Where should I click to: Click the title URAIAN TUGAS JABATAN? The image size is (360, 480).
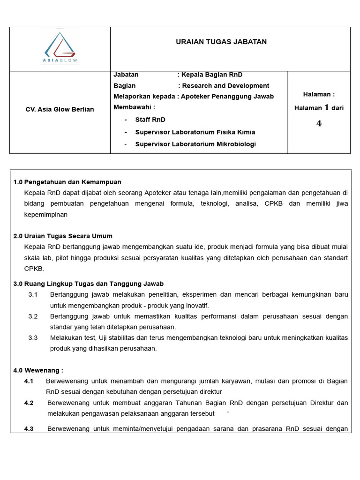[x=221, y=42]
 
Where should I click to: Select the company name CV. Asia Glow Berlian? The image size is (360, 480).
[x=60, y=109]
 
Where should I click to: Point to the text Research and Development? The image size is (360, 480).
[x=225, y=86]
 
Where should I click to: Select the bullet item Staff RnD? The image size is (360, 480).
[x=150, y=120]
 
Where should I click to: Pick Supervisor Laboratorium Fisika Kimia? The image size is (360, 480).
[x=195, y=132]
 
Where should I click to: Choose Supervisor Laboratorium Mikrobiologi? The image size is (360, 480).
[x=195, y=144]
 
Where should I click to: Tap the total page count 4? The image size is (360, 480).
[x=319, y=124]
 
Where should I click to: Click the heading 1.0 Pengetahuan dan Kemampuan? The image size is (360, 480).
[x=67, y=182]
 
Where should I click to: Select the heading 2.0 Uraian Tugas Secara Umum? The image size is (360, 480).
[x=63, y=236]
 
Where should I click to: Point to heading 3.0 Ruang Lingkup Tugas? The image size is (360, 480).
[x=88, y=284]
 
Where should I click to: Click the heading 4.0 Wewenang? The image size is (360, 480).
[x=38, y=370]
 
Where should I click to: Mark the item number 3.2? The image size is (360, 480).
[x=33, y=316]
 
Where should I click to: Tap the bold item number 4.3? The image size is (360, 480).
[x=29, y=429]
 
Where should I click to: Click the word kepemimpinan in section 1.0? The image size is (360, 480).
[x=46, y=215]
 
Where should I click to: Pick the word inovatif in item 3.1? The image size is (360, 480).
[x=195, y=306]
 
